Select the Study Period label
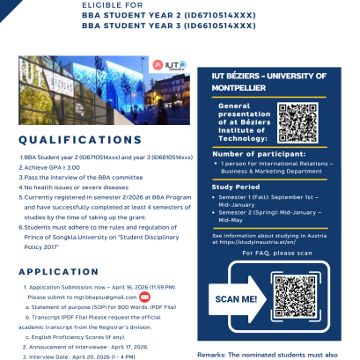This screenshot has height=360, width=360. point(237,187)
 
